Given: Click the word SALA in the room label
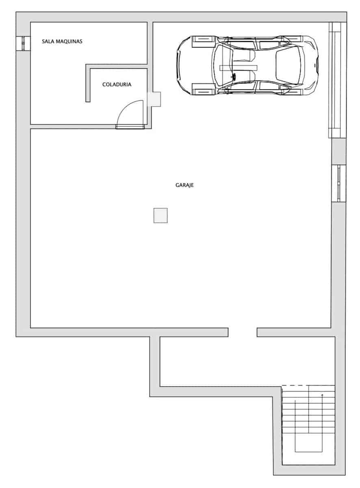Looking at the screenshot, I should tap(48, 41).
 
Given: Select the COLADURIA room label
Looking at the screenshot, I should tap(117, 85).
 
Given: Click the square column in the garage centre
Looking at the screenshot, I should tap(160, 215).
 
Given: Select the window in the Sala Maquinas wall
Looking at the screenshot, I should tap(23, 44).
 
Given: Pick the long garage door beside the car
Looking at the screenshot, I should tap(337, 80).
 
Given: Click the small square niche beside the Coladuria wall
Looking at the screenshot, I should tap(155, 99).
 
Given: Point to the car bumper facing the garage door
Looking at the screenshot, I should tap(316, 65).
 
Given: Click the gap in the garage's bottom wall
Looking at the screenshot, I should tap(242, 332).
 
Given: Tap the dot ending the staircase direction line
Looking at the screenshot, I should tap(322, 395).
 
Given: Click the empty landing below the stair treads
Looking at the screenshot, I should tap(309, 457).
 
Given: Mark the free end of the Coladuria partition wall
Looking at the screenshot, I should tap(88, 100).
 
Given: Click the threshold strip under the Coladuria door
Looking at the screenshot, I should tap(130, 127).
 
